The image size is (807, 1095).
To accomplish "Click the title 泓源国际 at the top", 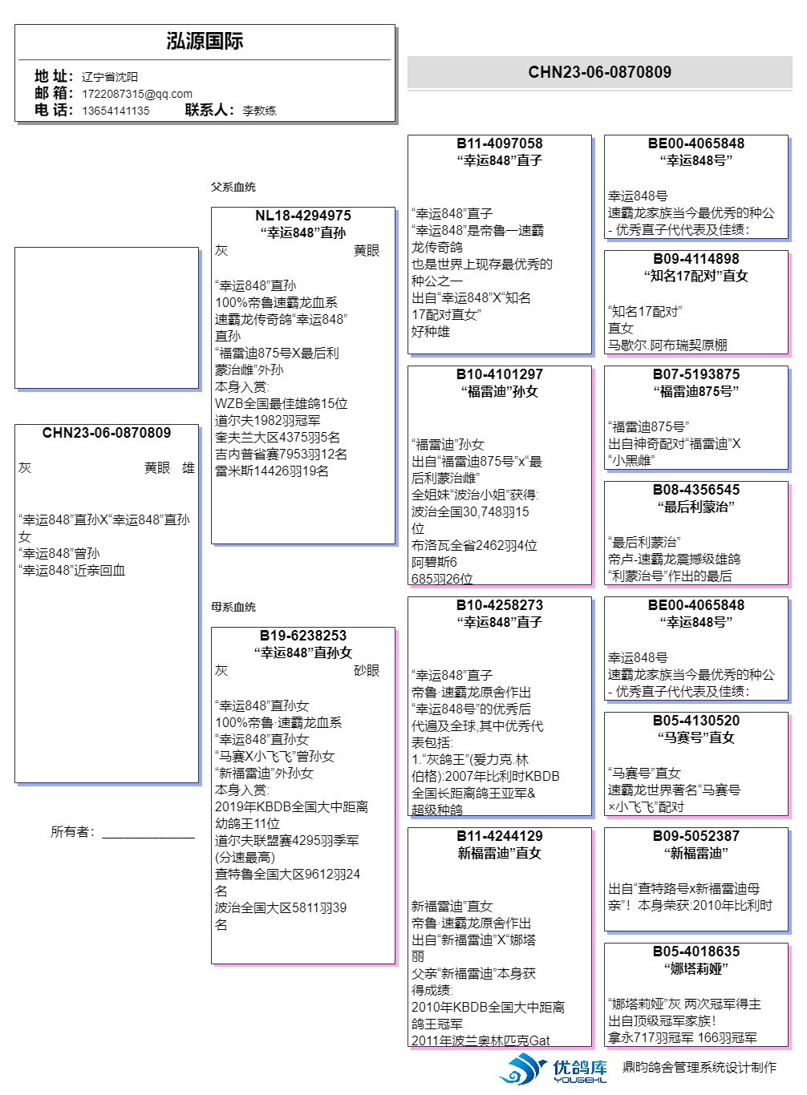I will click(x=205, y=42).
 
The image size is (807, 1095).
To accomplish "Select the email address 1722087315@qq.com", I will click(x=136, y=94).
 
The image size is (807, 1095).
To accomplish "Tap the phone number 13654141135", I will click(x=116, y=111).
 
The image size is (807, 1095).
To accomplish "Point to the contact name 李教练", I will click(x=259, y=111).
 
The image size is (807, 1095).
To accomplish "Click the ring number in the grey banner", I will click(x=599, y=72).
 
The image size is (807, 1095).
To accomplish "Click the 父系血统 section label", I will click(x=233, y=187).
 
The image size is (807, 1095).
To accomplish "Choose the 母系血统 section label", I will click(x=233, y=607).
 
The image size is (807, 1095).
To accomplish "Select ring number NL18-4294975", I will click(x=303, y=216).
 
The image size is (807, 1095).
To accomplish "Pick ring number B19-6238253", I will click(x=303, y=636).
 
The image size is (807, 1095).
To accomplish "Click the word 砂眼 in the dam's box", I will click(x=367, y=670).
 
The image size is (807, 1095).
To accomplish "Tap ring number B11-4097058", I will click(x=500, y=143).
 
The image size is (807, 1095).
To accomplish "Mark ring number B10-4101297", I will click(x=500, y=374).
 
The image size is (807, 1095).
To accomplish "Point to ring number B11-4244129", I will click(x=500, y=836).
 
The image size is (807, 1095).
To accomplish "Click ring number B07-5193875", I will click(x=696, y=374).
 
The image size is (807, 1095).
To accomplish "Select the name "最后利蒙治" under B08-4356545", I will click(x=696, y=507).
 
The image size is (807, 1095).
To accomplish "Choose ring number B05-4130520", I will click(x=696, y=721).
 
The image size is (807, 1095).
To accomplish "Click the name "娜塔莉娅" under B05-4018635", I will click(x=696, y=968).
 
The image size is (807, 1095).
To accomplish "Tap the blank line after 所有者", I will click(x=148, y=834).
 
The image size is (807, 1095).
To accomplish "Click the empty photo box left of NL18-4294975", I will click(x=107, y=318).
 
